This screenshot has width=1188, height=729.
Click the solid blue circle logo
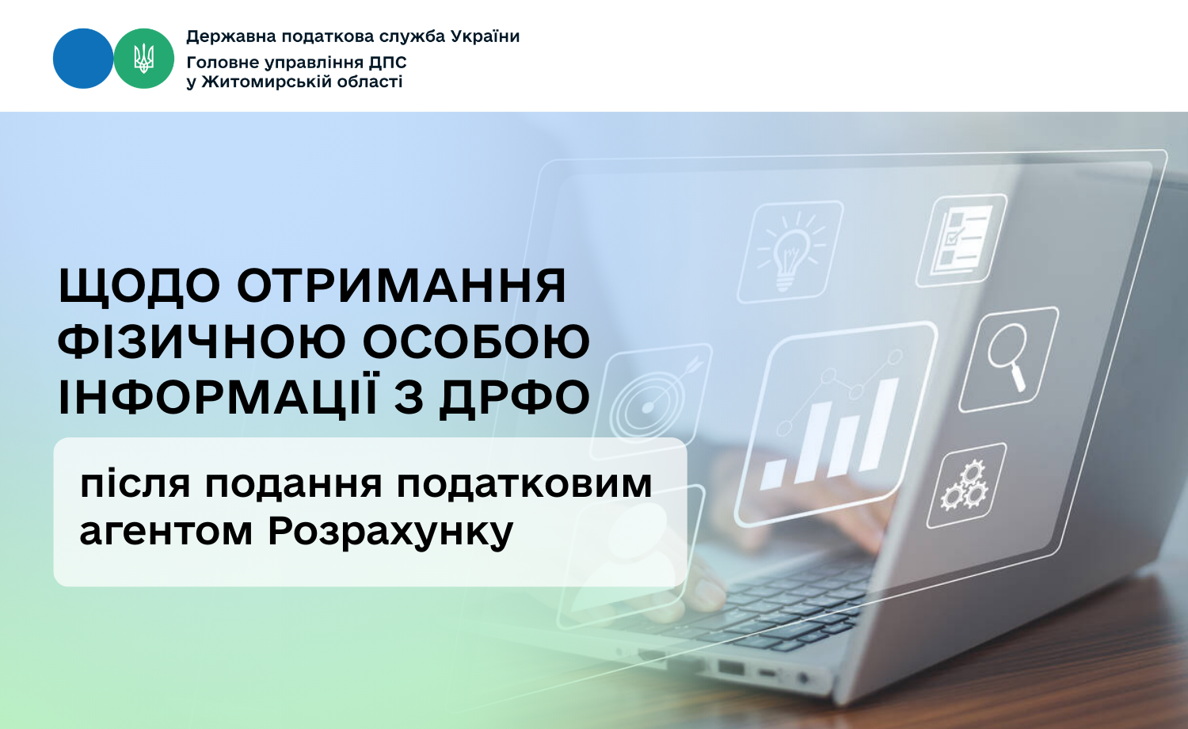click(83, 59)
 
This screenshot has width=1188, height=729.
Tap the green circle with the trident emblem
click(143, 59)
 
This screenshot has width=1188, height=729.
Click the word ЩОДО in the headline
click(139, 286)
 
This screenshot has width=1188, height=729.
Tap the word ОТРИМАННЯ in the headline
click(402, 286)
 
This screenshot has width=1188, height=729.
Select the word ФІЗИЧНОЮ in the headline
click(202, 342)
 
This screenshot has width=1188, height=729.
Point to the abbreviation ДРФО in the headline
click(515, 397)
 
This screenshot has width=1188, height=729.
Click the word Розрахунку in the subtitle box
click(390, 532)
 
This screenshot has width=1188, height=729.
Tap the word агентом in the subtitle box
click(166, 532)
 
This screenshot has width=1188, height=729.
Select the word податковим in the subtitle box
click(524, 484)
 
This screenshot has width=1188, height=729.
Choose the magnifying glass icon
click(1008, 358)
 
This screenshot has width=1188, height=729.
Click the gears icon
click(965, 485)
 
